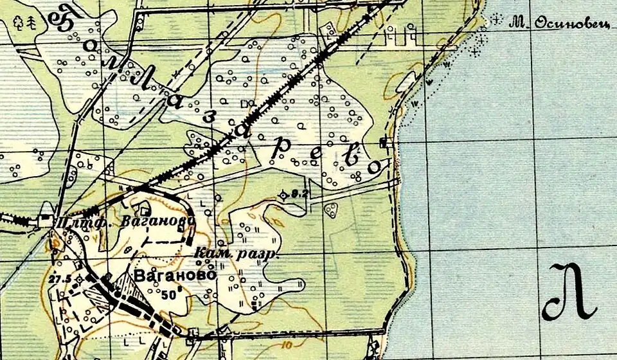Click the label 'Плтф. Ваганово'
125,222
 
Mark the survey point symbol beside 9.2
283,194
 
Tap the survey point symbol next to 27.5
78,278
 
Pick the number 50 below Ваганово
169,294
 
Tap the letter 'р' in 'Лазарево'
280,149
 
